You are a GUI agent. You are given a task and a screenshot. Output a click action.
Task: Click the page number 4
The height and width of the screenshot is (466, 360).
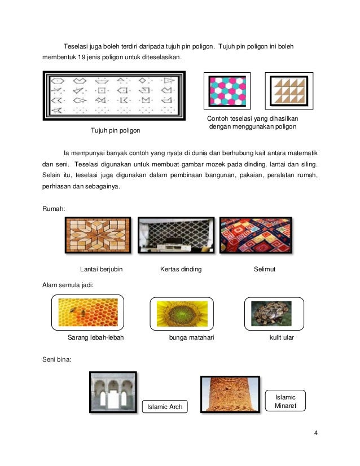316,433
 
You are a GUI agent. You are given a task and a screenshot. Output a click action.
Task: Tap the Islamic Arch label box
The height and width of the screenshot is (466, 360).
165,406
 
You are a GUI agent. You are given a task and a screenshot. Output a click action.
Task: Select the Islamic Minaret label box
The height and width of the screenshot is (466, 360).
285,401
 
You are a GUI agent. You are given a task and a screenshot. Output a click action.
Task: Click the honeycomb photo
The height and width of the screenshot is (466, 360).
88,313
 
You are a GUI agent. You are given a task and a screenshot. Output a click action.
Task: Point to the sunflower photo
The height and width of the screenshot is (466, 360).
182,313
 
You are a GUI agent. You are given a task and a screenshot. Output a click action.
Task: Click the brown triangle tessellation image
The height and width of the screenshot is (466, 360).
288,91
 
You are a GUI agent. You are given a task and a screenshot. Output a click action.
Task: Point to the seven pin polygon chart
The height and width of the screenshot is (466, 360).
115,95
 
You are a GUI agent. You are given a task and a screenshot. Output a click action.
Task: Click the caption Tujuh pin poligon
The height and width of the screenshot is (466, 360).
115,131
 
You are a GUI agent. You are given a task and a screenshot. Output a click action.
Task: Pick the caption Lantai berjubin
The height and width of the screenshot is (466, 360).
102,270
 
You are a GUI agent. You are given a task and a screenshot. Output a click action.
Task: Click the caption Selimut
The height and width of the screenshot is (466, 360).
265,270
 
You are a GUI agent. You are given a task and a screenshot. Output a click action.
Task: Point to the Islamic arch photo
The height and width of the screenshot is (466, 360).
113,393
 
